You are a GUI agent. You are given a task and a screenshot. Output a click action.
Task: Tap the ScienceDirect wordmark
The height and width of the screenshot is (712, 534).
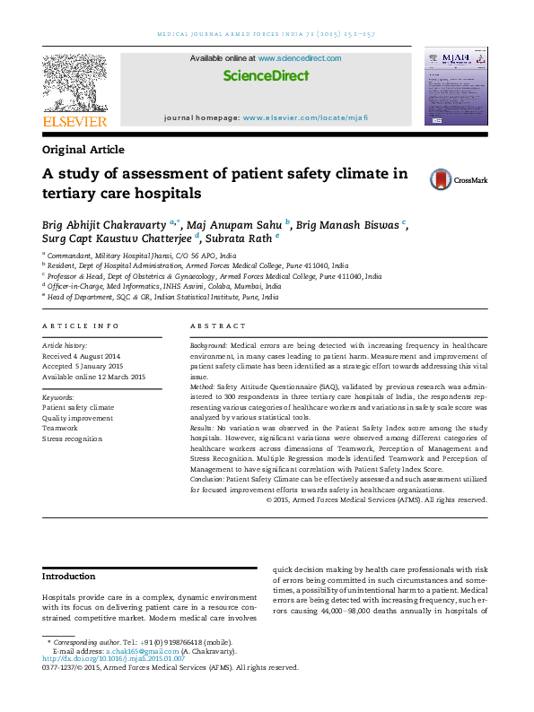[266, 76]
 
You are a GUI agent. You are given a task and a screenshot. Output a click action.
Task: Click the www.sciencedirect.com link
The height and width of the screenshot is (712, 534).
[300, 58]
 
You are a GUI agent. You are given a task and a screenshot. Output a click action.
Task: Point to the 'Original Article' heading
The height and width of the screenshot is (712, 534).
[83, 150]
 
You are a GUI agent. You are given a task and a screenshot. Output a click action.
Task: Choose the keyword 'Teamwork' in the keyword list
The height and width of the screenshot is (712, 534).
[60, 429]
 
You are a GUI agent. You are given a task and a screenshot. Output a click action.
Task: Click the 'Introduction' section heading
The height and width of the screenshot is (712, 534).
[69, 577]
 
